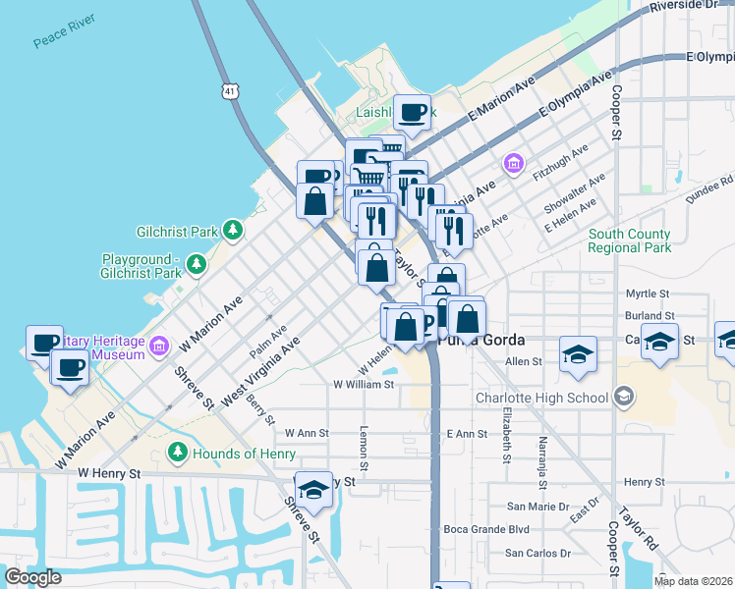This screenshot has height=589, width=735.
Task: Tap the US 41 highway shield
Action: pyautogui.click(x=229, y=90)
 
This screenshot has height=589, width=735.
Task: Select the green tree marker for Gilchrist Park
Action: pyautogui.click(x=232, y=231)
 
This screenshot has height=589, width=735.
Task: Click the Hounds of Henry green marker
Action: pyautogui.click(x=177, y=453)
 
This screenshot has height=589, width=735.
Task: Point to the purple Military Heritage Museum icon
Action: pyautogui.click(x=160, y=346)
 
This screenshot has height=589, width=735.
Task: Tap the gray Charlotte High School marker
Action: pyautogui.click(x=622, y=398)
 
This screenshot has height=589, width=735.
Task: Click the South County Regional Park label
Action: pyautogui.click(x=630, y=241)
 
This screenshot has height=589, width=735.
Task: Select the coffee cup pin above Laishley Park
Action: pyautogui.click(x=412, y=113)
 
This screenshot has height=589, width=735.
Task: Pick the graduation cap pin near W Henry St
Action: pyautogui.click(x=313, y=490)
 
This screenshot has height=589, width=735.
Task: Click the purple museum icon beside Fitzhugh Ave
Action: pyautogui.click(x=513, y=163)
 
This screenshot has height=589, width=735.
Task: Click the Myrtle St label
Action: pyautogui.click(x=647, y=294)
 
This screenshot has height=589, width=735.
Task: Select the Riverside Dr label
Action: pyautogui.click(x=692, y=7)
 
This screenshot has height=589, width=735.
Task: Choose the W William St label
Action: pyautogui.click(x=364, y=385)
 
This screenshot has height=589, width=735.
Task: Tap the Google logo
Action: pyautogui.click(x=32, y=577)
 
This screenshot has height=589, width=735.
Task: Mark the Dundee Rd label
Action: pyautogui.click(x=713, y=182)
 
